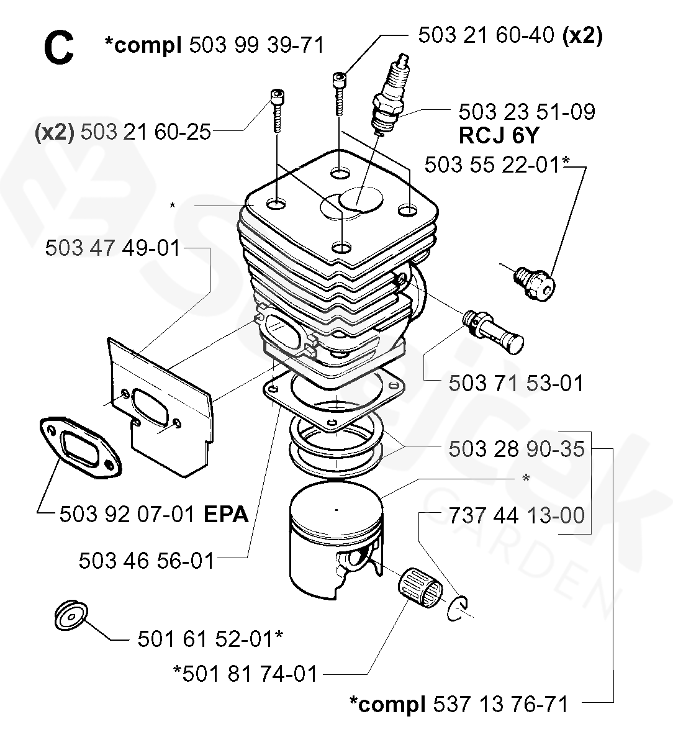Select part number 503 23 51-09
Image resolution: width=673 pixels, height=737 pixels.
click(x=526, y=112)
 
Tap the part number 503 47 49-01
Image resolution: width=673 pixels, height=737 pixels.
click(x=112, y=249)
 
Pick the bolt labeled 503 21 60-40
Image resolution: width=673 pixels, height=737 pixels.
click(x=339, y=93)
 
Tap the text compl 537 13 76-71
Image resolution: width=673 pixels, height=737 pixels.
click(x=458, y=705)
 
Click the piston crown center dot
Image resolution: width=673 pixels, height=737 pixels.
click(x=336, y=510)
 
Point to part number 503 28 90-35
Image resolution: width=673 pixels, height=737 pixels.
click(x=516, y=448)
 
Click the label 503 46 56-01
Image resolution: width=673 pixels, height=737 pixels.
click(x=147, y=561)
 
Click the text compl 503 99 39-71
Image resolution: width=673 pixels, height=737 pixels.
click(x=215, y=45)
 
